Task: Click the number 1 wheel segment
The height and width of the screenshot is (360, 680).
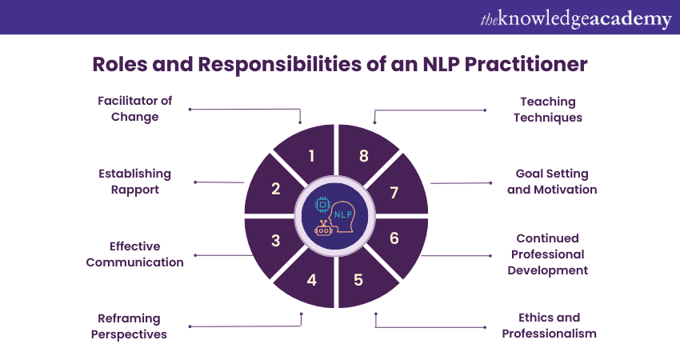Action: click(x=310, y=155)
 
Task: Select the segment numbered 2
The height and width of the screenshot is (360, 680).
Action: click(x=275, y=189)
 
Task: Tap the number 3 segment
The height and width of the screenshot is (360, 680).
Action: click(x=275, y=240)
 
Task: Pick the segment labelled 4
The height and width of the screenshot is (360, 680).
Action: click(x=311, y=280)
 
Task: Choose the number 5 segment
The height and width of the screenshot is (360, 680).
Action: click(x=358, y=280)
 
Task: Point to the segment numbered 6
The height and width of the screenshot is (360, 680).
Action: click(x=394, y=238)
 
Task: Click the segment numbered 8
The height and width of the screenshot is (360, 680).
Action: click(x=363, y=155)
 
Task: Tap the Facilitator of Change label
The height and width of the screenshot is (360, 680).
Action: click(x=134, y=109)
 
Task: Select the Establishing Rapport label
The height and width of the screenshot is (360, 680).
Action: click(x=134, y=182)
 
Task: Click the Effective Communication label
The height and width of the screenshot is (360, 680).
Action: click(x=135, y=254)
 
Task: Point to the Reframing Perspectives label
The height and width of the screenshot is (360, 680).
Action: click(x=129, y=326)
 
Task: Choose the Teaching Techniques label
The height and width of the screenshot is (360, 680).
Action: click(x=548, y=110)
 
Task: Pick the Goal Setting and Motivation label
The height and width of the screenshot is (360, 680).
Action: click(x=552, y=182)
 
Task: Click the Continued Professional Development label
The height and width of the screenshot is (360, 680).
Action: click(x=547, y=254)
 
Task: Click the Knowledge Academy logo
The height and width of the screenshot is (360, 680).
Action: click(x=575, y=18)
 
